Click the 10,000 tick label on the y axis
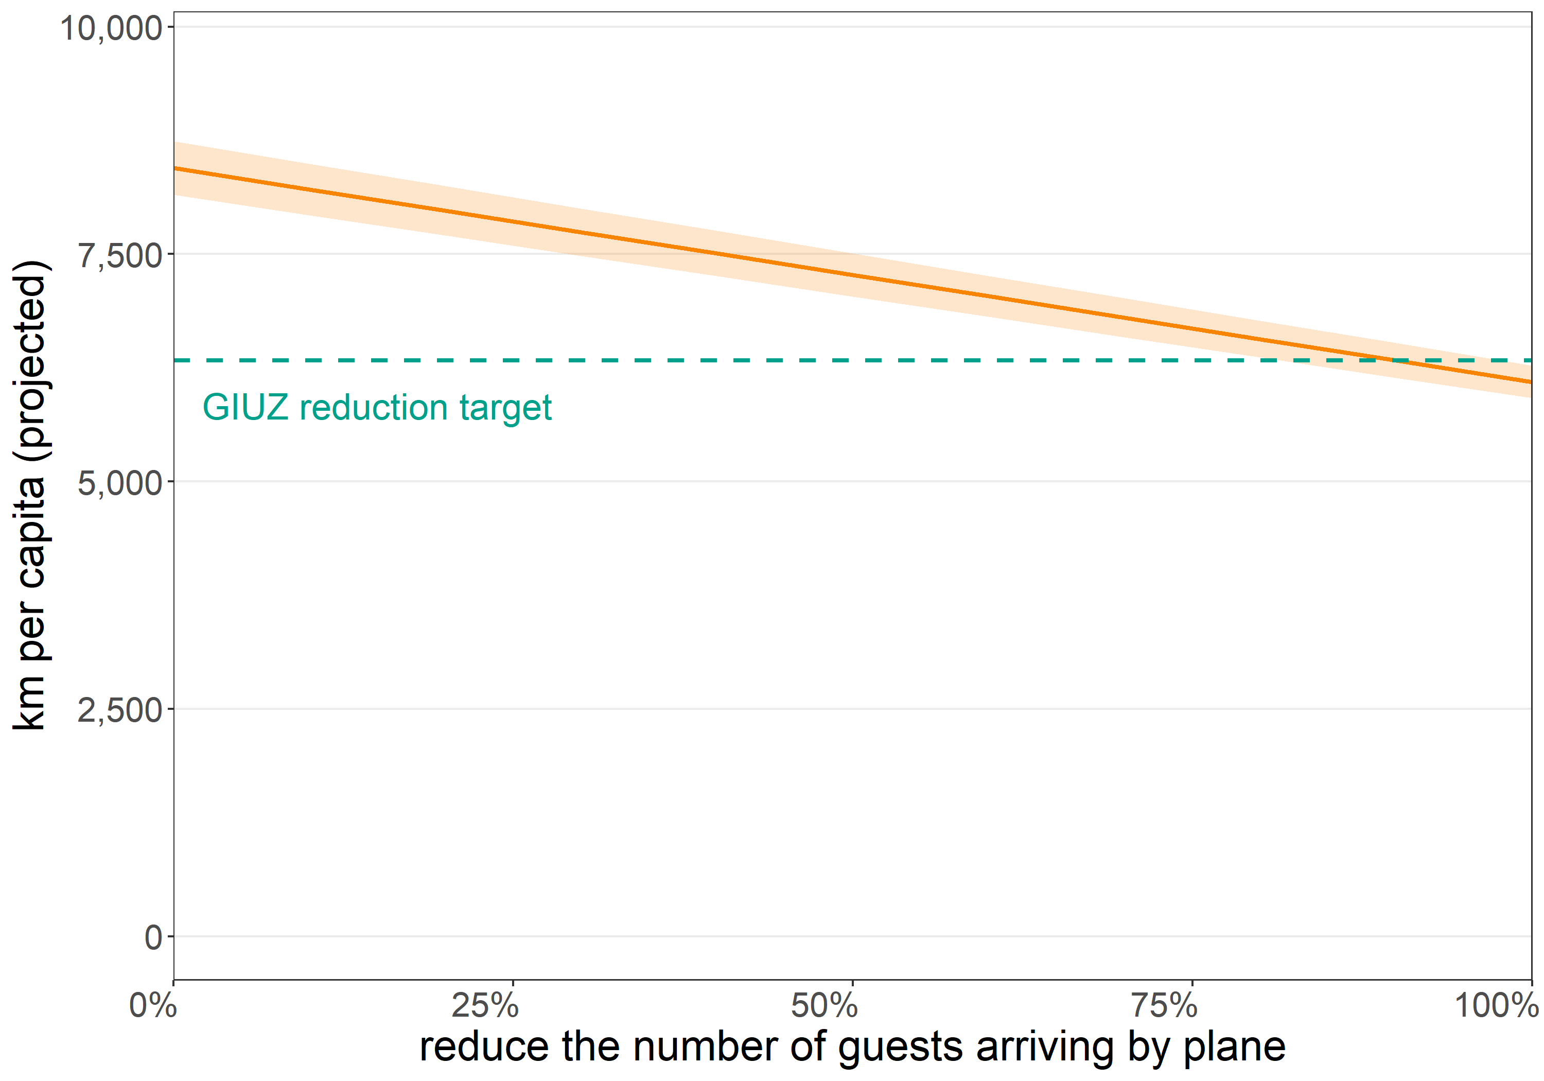click(x=111, y=28)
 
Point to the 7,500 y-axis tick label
click(x=120, y=256)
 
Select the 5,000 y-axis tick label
click(x=120, y=483)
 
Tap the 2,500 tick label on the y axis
click(x=120, y=710)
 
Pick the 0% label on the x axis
click(x=153, y=1006)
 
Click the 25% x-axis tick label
click(x=485, y=1006)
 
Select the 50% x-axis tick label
click(x=824, y=1006)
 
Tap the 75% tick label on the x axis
click(x=1164, y=1006)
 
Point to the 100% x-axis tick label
click(x=1497, y=1006)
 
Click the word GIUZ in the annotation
click(x=245, y=408)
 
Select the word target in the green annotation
click(x=506, y=408)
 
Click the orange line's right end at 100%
click(x=1531, y=382)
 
